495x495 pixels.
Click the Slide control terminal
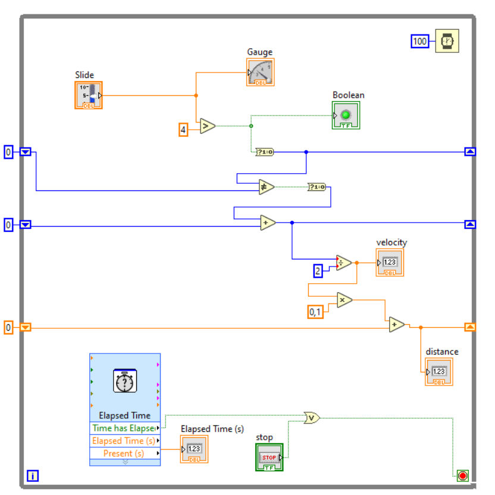(88, 95)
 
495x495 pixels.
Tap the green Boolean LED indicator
(346, 115)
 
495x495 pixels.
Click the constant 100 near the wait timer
(420, 41)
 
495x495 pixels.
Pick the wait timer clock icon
(447, 41)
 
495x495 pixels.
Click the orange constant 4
(184, 129)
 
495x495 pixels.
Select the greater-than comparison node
(207, 126)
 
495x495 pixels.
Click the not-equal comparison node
(266, 187)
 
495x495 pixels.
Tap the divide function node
(343, 262)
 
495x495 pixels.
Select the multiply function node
(344, 300)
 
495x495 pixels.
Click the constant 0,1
(315, 312)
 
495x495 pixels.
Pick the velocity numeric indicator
(389, 262)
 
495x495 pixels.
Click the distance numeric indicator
(438, 372)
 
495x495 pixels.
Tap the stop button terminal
(269, 457)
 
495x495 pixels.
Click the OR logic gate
(311, 418)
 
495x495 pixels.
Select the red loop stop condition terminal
(462, 475)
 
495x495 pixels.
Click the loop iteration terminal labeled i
(33, 475)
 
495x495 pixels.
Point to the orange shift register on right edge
(470, 327)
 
